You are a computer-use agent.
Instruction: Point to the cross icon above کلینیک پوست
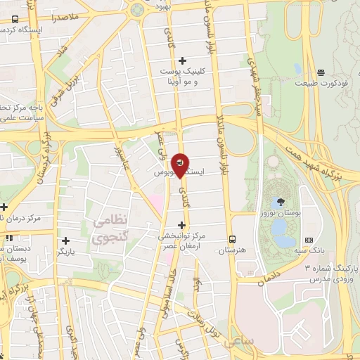pyautogui.click(x=184, y=61)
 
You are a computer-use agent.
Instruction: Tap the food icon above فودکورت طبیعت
pyautogui.click(x=321, y=72)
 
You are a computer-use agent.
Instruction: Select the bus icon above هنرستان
pyautogui.click(x=231, y=238)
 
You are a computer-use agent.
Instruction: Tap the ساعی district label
pyautogui.click(x=240, y=341)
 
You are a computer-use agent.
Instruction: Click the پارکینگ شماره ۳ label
pyautogui.click(x=330, y=269)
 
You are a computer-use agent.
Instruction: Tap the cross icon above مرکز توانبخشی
pyautogui.click(x=181, y=225)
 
